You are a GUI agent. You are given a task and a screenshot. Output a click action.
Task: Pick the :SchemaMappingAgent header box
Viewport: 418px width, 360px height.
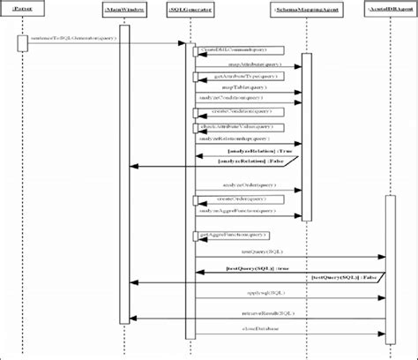tap(302, 10)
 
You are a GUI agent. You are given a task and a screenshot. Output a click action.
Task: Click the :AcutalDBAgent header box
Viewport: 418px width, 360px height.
tap(389, 10)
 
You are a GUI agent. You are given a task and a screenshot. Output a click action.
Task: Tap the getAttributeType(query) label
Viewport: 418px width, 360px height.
tap(231, 77)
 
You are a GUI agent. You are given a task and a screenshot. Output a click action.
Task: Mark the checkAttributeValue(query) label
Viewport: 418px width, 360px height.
tap(231, 127)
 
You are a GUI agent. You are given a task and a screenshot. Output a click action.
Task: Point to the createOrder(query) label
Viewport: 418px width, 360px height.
tap(231, 199)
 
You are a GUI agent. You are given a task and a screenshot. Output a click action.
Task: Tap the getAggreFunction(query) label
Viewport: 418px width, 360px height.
tap(231, 236)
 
